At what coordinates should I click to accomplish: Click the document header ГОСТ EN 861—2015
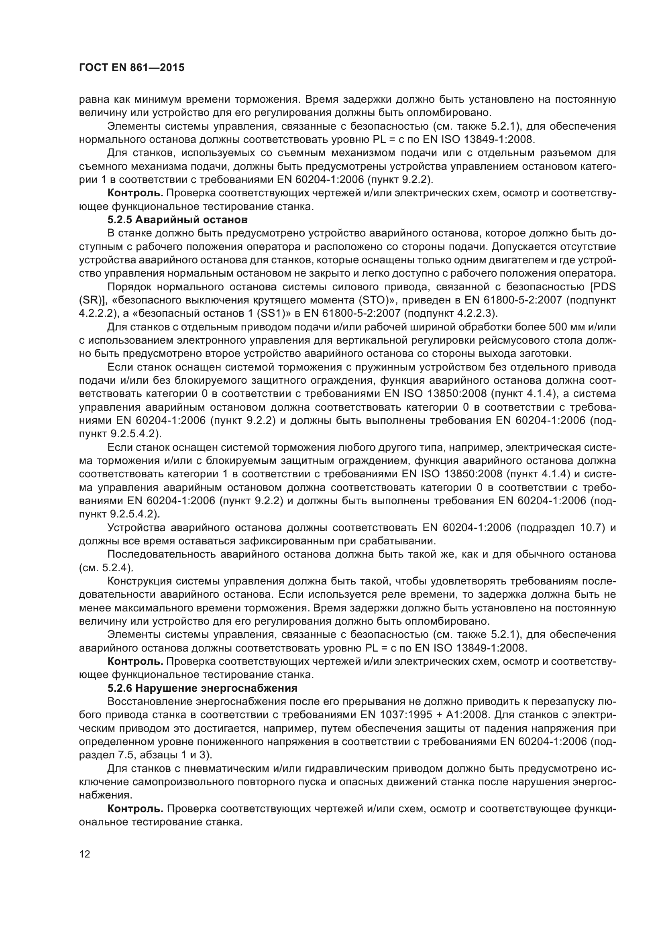click(131, 67)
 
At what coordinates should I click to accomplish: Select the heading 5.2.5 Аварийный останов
click(177, 220)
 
